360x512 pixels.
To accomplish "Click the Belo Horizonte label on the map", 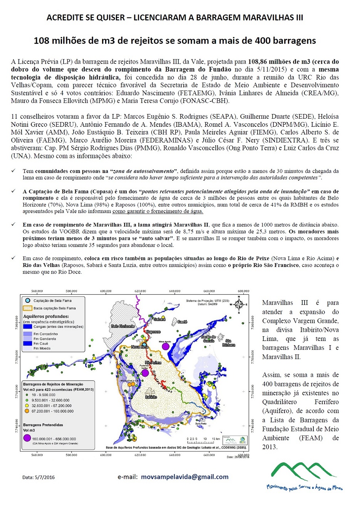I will (x=123, y=326).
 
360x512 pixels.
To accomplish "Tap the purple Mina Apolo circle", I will (x=166, y=346).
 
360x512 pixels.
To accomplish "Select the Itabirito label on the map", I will (x=151, y=397).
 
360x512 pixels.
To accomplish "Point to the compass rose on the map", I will (x=238, y=304).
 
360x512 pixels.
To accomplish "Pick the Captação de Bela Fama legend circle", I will (x=27, y=300).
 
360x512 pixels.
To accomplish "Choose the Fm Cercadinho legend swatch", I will (x=27, y=334).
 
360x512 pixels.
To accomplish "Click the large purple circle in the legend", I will (x=27, y=438).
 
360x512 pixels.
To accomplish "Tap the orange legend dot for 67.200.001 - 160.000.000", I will (x=27, y=411).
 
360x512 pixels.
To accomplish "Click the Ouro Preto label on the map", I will (x=201, y=424).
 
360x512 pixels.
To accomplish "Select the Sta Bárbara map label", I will (x=228, y=343).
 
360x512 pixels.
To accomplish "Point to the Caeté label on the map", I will (x=182, y=322).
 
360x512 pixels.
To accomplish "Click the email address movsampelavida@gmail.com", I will (x=185, y=477).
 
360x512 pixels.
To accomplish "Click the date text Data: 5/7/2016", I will (x=39, y=477).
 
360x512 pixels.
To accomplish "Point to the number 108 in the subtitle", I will (x=42, y=40).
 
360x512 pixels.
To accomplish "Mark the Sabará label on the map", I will (x=159, y=319).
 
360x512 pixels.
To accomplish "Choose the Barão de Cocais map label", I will (x=208, y=339).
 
